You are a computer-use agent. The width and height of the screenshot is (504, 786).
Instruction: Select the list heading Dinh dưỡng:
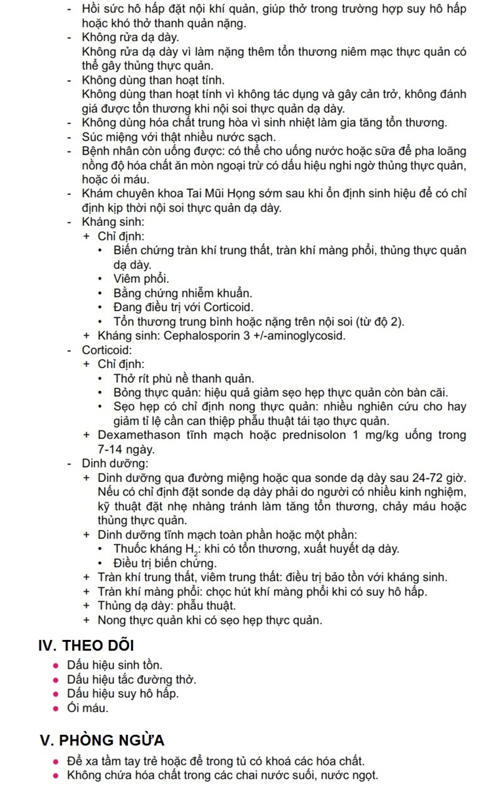(106, 464)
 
